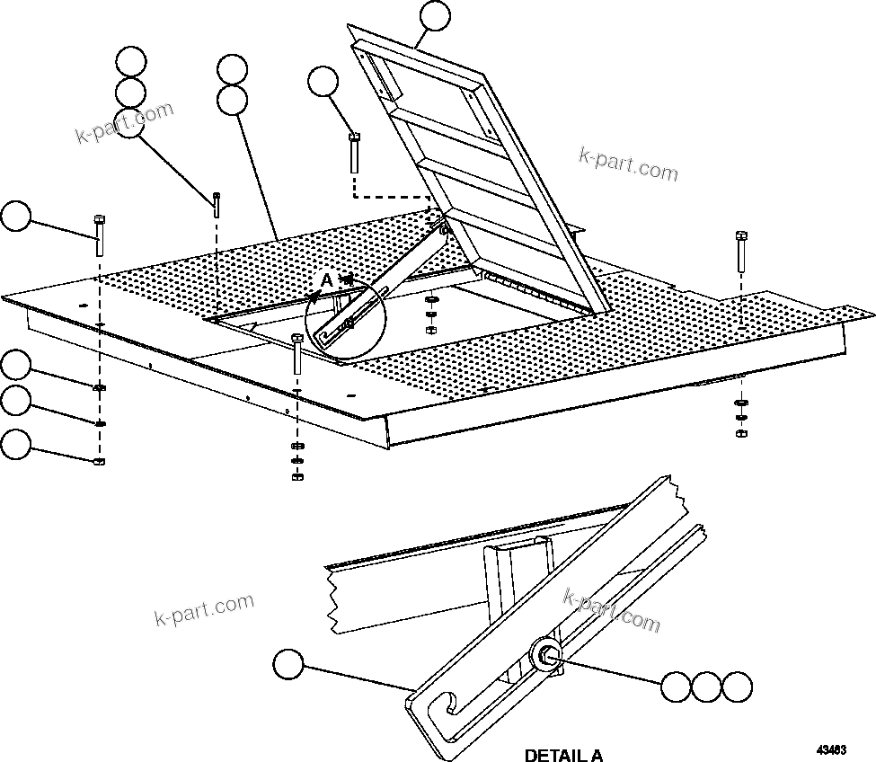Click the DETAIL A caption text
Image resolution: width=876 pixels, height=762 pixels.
point(563,754)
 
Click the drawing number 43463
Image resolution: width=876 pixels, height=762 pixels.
point(832,748)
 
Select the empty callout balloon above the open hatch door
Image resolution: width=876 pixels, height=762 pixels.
point(434,16)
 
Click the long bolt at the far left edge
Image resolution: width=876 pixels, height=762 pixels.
point(99,235)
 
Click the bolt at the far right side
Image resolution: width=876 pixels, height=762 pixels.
point(741,252)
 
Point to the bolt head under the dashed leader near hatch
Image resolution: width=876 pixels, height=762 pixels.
point(354,153)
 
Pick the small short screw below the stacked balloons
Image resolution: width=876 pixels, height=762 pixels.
point(217,203)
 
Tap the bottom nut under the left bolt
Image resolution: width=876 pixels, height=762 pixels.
point(99,461)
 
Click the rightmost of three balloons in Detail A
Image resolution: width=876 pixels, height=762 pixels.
point(738,687)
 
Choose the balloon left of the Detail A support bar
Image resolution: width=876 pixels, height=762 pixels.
point(288,665)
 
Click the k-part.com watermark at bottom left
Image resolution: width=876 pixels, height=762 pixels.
point(204,612)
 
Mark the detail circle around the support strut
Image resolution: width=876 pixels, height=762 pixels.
point(346,319)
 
